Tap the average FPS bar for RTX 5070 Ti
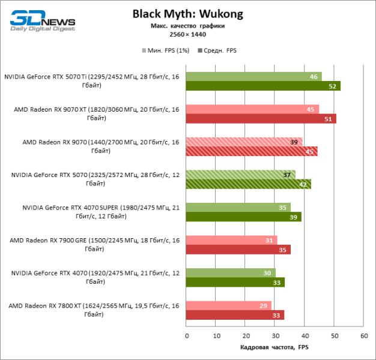pyautogui.click(x=262, y=86)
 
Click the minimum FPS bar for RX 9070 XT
pyautogui.click(x=252, y=109)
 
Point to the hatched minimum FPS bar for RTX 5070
pyautogui.click(x=240, y=175)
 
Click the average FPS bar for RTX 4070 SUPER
pyautogui.click(x=243, y=217)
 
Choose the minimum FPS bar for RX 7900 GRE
pyautogui.click(x=231, y=240)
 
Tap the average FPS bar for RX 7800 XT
pyautogui.click(x=235, y=315)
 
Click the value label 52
pyautogui.click(x=332, y=86)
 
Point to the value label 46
pyautogui.click(x=314, y=77)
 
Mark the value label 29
pyautogui.click(x=263, y=306)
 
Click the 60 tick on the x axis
pyautogui.click(x=363, y=335)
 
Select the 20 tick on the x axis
pyautogui.click(x=245, y=335)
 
